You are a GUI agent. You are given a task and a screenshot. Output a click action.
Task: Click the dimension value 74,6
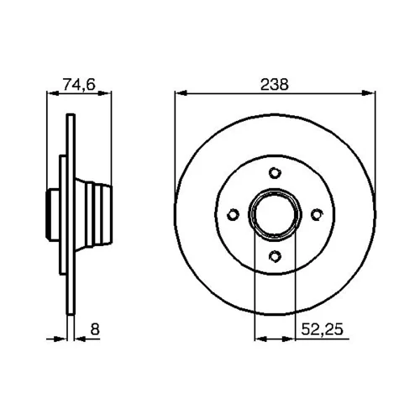click(79, 84)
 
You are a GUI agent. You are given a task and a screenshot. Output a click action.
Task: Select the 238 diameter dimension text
click(275, 84)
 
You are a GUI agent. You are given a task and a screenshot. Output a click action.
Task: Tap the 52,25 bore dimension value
click(322, 329)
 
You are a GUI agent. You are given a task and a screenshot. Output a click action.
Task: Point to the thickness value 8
click(95, 329)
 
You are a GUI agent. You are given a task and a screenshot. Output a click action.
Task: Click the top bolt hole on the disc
click(275, 173)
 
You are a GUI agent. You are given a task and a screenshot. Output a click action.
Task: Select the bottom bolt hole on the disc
click(275, 256)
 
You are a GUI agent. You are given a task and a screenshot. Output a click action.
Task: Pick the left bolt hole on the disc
click(233, 214)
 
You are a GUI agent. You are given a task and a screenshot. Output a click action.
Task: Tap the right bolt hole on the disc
click(317, 214)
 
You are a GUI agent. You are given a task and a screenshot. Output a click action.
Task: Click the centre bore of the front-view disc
click(275, 214)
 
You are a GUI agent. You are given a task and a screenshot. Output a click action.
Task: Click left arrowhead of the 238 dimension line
click(181, 93)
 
